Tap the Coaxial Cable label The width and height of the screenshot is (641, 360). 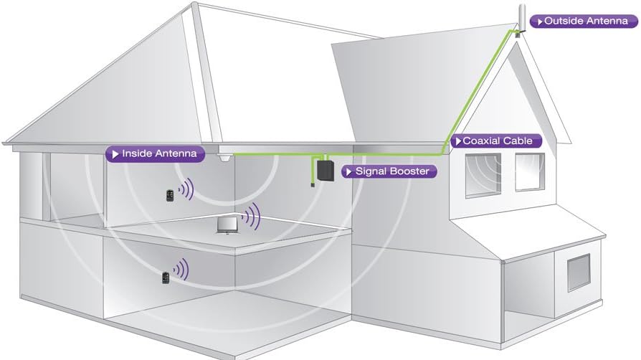coord(495,141)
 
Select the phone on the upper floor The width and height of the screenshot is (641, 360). coord(168,195)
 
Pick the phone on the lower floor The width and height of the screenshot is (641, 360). coord(166,277)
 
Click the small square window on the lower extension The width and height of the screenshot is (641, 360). coord(578,272)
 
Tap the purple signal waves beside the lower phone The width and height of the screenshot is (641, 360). coord(181,270)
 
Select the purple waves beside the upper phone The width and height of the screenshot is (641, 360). coord(186,189)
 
